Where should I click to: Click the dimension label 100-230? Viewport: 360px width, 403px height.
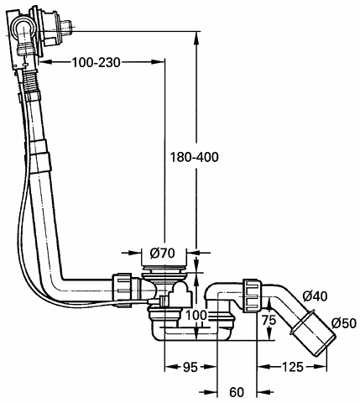coord(97,62)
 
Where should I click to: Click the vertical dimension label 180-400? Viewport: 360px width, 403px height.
coord(195,157)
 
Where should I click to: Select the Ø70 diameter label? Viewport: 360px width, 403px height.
coord(162,254)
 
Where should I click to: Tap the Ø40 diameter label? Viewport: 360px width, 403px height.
coord(315,296)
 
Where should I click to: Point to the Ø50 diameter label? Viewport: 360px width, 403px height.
coord(344,323)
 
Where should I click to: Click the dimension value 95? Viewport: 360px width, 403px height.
coord(190,367)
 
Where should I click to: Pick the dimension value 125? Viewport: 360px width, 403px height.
coord(292,367)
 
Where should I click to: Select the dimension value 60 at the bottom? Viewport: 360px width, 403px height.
coord(237,392)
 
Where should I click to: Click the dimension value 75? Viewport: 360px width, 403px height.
coord(269,320)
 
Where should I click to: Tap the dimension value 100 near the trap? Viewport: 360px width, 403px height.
coord(196,316)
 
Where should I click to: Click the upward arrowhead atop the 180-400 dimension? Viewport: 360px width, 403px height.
coord(197,38)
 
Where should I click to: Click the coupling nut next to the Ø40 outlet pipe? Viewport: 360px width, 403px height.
coord(253,296)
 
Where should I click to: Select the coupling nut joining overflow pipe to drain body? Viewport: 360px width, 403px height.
coord(123,290)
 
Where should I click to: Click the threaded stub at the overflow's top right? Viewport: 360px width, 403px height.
coord(67,27)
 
